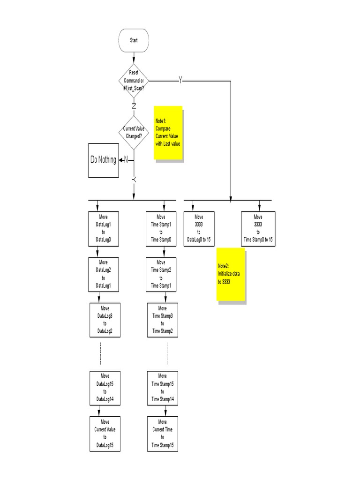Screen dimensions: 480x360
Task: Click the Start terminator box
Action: [x=134, y=40]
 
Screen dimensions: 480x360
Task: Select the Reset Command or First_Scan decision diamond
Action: [x=134, y=81]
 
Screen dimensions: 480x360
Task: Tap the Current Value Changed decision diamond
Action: [x=134, y=132]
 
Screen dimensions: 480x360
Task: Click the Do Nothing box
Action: [x=103, y=160]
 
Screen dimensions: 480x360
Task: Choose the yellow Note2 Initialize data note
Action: [x=231, y=275]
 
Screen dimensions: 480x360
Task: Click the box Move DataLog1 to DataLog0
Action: [x=104, y=228]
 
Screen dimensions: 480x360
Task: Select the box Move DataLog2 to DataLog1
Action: [x=104, y=274]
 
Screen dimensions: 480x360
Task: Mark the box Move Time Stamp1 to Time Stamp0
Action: [x=161, y=228]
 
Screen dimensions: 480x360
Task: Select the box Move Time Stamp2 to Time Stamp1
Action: [x=161, y=274]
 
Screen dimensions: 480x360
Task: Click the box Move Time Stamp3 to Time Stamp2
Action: [x=163, y=320]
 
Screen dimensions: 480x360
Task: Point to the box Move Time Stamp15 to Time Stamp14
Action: [x=163, y=388]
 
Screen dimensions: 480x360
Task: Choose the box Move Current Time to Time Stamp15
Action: [x=163, y=433]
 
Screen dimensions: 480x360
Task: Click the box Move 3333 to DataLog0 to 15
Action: [x=199, y=228]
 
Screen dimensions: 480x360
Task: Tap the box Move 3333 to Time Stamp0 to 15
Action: [x=258, y=228]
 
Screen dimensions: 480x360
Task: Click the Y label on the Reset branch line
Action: [x=180, y=81]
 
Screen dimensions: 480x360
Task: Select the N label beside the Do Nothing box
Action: [x=126, y=160]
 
